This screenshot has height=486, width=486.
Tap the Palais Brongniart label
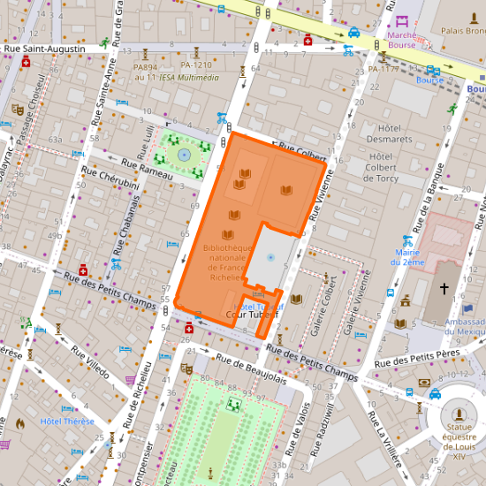pos(463,31)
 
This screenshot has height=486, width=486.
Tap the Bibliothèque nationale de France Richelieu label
pos(228,262)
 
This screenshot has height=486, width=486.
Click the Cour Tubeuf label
pos(252,314)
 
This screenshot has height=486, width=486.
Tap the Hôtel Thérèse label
pos(66,421)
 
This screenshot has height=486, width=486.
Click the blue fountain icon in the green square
pos(184,154)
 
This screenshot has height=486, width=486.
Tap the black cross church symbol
pos(444,289)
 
